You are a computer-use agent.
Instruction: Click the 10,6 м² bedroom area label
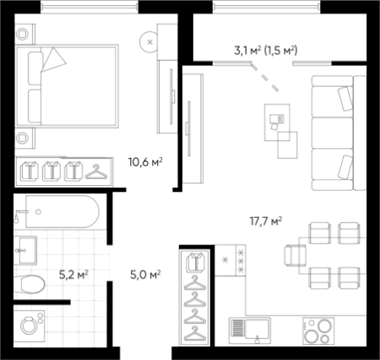pos(145,162)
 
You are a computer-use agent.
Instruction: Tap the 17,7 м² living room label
pos(266,221)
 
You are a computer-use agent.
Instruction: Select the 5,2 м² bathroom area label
pos(73,275)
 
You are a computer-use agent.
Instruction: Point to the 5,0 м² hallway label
pos(145,275)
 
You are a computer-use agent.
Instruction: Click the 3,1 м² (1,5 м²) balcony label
pos(266,51)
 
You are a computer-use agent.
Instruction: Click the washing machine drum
pos(29,326)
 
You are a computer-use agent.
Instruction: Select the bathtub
pos(62,211)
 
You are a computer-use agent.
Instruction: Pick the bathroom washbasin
pos(25,250)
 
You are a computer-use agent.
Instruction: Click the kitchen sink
pos(250,330)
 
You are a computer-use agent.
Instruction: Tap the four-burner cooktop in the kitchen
pos(318,330)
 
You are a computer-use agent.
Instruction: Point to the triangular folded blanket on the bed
pos(53,60)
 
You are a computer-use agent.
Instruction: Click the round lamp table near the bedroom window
pos(149,42)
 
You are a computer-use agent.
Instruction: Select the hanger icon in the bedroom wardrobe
pos(96,172)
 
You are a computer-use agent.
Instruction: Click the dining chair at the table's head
pos(295,255)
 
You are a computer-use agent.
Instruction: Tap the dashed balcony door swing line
pos(265,77)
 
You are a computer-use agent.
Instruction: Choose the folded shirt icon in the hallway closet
pos(196,263)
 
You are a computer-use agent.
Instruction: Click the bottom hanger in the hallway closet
pos(195,333)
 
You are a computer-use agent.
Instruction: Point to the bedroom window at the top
pos(90,7)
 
